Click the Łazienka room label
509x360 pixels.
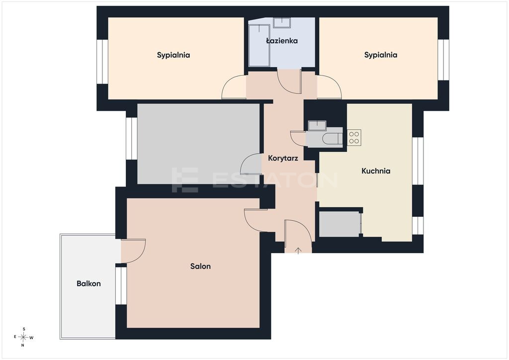tap(282, 41)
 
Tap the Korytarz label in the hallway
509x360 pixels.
tap(283, 159)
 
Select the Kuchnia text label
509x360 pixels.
tap(376, 171)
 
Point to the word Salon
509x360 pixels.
tap(200, 266)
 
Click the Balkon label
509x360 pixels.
tap(88, 284)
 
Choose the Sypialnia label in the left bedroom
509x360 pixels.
tap(173, 55)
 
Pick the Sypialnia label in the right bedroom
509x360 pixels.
tap(381, 55)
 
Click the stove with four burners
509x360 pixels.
tap(354, 138)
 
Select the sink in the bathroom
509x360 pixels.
tap(281, 23)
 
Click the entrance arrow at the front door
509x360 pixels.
tap(298, 251)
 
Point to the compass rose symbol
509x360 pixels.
tap(23, 337)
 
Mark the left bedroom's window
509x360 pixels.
tap(102, 62)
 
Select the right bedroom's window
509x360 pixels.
tap(443, 60)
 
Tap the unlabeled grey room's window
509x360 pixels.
tap(131, 139)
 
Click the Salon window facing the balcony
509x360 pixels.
tap(121, 285)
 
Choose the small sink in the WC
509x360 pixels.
tap(317, 126)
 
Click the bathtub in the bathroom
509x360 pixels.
tap(259, 45)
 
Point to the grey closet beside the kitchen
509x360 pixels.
tap(339, 224)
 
